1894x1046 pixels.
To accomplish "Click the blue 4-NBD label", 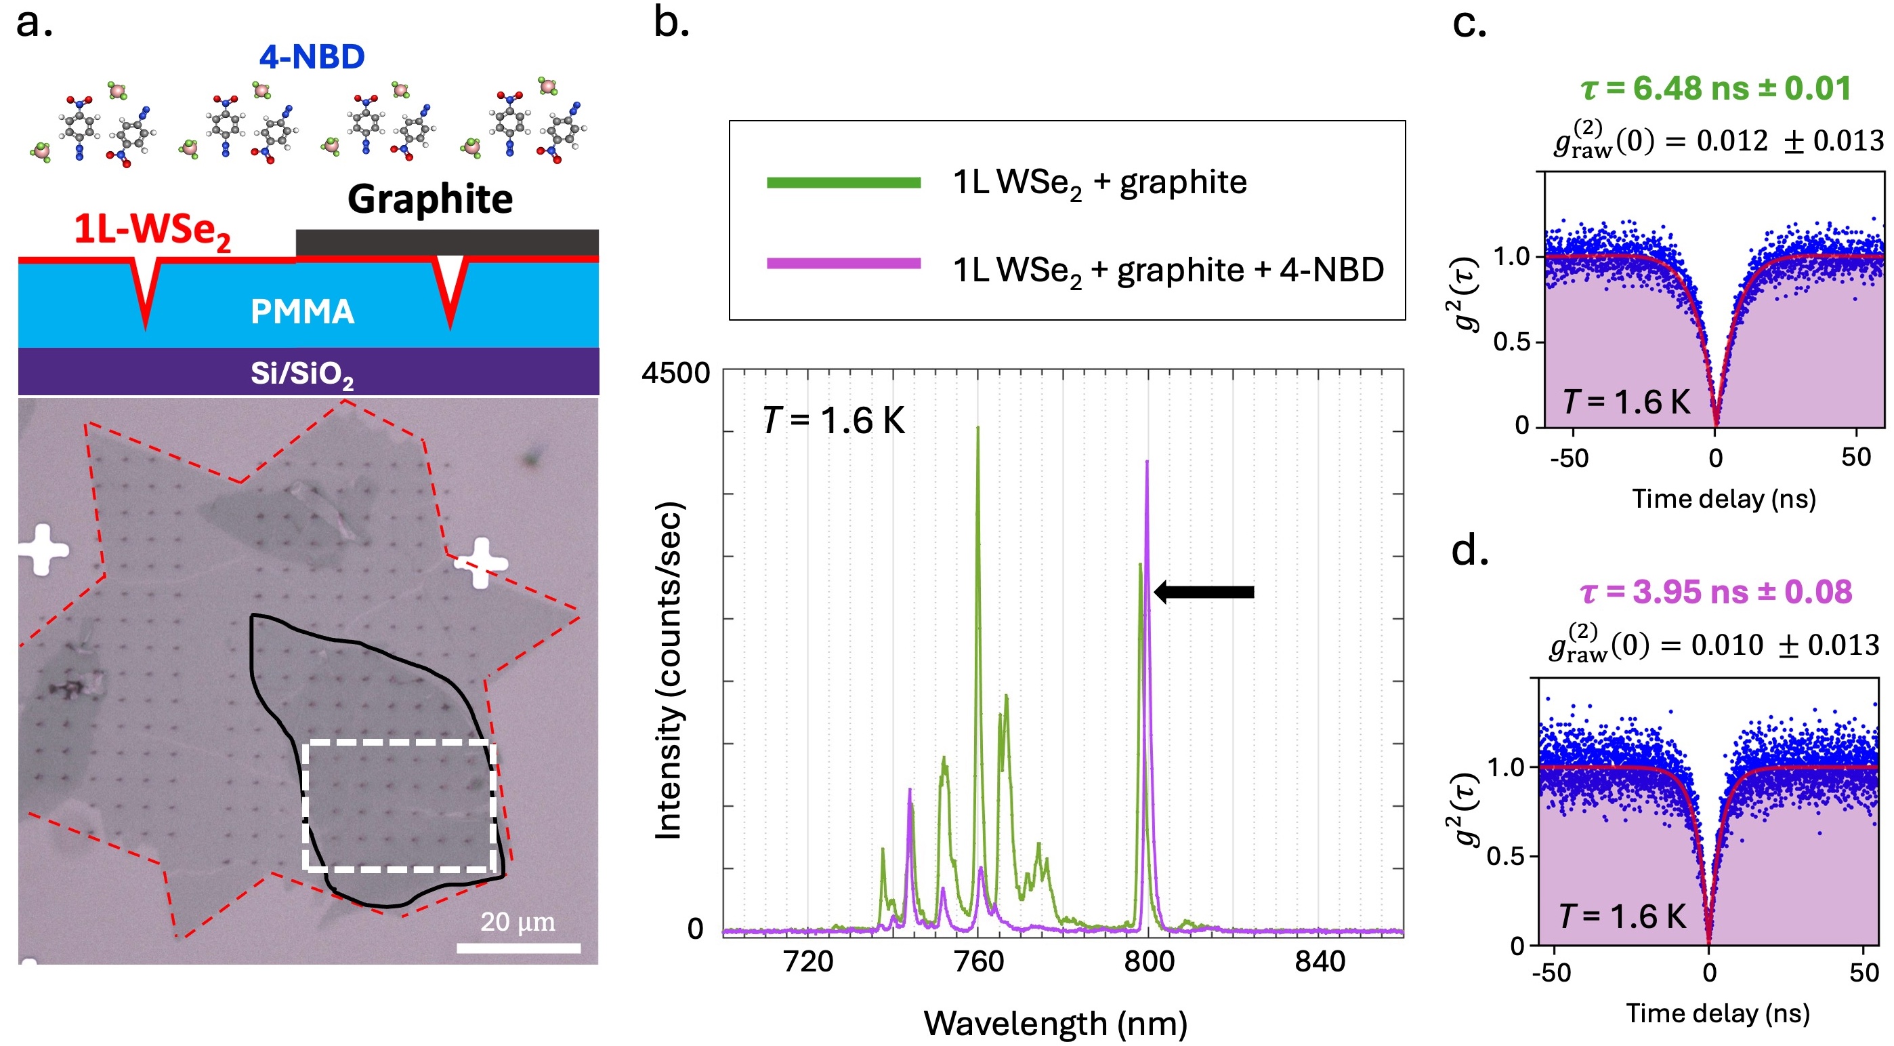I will [x=312, y=57].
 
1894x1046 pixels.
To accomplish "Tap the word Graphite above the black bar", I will [x=430, y=199].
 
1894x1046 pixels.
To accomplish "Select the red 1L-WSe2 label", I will [x=152, y=230].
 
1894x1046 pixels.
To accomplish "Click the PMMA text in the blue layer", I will [x=302, y=312].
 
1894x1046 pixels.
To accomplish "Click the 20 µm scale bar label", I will [x=518, y=921].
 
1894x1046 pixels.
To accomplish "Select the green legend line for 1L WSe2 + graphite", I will [x=843, y=182].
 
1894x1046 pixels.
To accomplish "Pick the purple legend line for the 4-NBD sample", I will [x=843, y=263].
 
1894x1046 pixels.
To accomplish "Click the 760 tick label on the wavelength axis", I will [x=979, y=961].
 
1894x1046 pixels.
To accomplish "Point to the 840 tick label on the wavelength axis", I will [x=1320, y=961].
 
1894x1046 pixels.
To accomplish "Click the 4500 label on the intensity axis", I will [x=675, y=373].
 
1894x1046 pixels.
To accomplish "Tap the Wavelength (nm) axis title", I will [x=1055, y=1023].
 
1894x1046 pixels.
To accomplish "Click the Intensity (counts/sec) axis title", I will [x=669, y=670].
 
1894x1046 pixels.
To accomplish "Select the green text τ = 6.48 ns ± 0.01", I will [x=1716, y=88].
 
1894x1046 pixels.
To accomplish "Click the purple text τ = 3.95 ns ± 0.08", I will [x=1716, y=591].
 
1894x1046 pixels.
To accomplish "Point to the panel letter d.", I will [x=1470, y=550].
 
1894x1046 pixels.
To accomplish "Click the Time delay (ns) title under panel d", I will [x=1718, y=1013].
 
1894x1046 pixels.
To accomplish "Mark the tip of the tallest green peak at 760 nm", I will [x=978, y=427].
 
